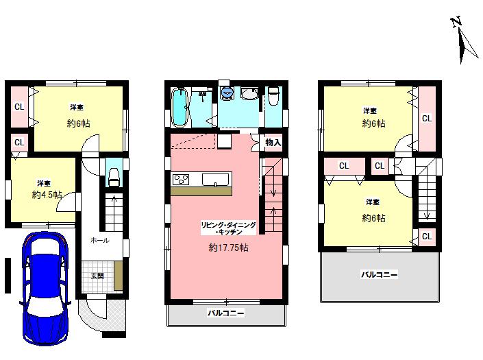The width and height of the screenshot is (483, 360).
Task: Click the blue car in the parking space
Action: [45, 288]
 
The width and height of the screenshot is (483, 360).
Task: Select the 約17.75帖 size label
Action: [229, 248]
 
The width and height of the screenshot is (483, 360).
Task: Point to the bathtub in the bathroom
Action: [179, 108]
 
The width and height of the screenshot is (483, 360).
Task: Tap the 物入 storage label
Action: [273, 142]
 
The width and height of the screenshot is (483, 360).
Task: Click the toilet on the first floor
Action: [114, 176]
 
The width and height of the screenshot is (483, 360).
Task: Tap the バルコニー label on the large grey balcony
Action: [380, 274]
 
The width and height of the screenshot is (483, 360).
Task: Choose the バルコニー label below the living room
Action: [225, 313]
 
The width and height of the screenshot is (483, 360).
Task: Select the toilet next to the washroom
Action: [273, 98]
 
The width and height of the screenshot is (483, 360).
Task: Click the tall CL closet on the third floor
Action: [427, 119]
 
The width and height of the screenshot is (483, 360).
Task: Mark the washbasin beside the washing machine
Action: [249, 95]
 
